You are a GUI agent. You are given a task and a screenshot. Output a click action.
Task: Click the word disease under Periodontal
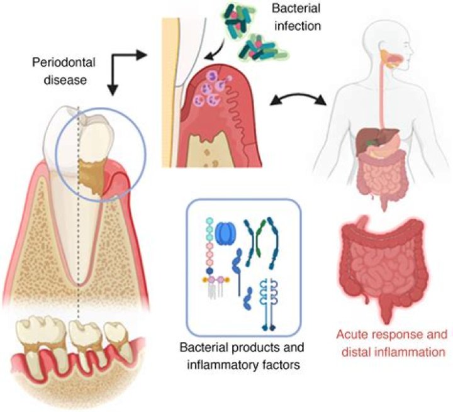pos(62,79)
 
